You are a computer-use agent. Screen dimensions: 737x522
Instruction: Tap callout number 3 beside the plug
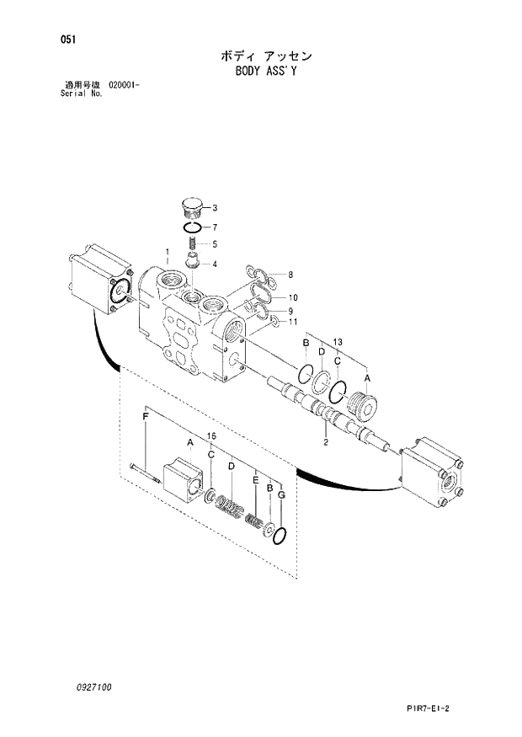[x=215, y=208]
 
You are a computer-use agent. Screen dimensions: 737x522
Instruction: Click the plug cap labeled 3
[x=192, y=207]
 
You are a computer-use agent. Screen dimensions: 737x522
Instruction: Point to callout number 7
[x=215, y=227]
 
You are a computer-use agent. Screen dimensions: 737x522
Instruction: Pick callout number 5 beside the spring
[x=215, y=245]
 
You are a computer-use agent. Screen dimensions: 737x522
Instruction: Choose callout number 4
[x=215, y=264]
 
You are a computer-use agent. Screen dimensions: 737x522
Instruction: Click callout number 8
[x=290, y=275]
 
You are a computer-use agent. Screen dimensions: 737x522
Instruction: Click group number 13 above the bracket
[x=338, y=340]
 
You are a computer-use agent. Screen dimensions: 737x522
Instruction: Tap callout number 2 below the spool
[x=326, y=441]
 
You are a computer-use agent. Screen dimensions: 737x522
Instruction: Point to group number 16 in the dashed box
[x=211, y=435]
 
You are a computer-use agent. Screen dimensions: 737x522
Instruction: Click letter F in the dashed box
[x=146, y=418]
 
